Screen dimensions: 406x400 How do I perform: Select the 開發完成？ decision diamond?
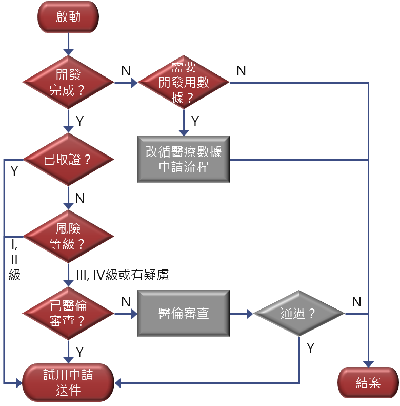click(68, 83)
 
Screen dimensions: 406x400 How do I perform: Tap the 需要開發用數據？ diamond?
click(184, 83)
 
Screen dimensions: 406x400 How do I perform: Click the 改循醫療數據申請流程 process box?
click(184, 159)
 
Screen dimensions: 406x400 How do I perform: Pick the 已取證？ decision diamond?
click(68, 159)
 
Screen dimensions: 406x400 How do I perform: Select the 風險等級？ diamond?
click(68, 236)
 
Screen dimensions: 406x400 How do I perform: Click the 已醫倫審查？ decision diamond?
click(68, 313)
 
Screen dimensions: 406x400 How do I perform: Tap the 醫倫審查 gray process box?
click(184, 313)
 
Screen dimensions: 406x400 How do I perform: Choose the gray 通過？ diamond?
click(299, 313)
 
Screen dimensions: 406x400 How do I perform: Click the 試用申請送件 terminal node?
click(68, 382)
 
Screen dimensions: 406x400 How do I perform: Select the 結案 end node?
click(368, 382)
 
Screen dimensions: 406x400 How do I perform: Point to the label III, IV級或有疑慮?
click(122, 276)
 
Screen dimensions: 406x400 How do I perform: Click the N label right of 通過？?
click(357, 301)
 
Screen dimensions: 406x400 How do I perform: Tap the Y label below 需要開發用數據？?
click(195, 121)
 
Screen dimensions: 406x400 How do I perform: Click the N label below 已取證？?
click(80, 198)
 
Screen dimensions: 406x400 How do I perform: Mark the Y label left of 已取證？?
click(14, 171)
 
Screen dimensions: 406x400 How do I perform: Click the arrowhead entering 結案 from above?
click(368, 363)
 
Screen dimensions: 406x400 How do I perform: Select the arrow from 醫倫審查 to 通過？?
click(242, 313)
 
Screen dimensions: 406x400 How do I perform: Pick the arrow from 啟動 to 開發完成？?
click(68, 44)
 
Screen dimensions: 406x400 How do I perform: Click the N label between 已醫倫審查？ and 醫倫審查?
click(126, 301)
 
